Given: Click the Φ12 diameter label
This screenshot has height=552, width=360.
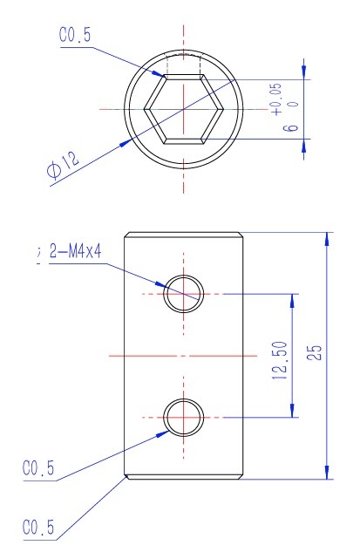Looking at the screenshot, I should (63, 163).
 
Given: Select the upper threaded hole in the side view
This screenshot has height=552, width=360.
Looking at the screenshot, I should (184, 291).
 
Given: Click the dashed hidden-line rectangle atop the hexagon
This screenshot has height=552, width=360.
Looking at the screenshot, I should (184, 65).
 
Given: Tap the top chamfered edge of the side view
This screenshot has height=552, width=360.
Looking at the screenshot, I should (184, 235).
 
